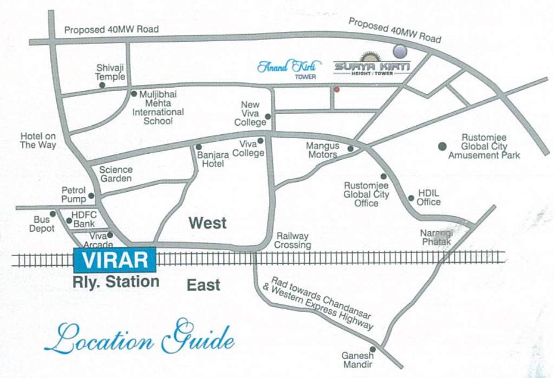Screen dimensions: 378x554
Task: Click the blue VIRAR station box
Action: click(115, 260)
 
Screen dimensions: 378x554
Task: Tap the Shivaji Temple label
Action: click(110, 72)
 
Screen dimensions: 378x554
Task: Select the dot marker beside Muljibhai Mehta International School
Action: click(134, 94)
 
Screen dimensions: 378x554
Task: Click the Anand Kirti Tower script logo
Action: click(289, 68)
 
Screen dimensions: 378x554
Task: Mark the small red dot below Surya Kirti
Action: click(336, 89)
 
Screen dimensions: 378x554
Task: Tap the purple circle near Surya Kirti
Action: click(400, 51)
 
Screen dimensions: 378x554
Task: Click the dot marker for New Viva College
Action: click(268, 116)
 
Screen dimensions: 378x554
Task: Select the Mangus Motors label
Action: click(322, 150)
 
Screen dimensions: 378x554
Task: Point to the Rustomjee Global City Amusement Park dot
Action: click(442, 146)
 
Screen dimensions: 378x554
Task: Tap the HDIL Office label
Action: click(428, 198)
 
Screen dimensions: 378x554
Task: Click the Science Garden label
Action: click(116, 174)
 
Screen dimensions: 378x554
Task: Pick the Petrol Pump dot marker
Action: click(91, 196)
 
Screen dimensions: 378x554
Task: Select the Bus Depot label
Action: click(42, 224)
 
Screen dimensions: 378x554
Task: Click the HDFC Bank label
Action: click(83, 219)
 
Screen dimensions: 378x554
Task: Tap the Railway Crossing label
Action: click(292, 240)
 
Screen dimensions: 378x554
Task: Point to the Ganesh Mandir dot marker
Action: click(372, 349)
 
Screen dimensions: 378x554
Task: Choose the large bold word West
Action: click(207, 223)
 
